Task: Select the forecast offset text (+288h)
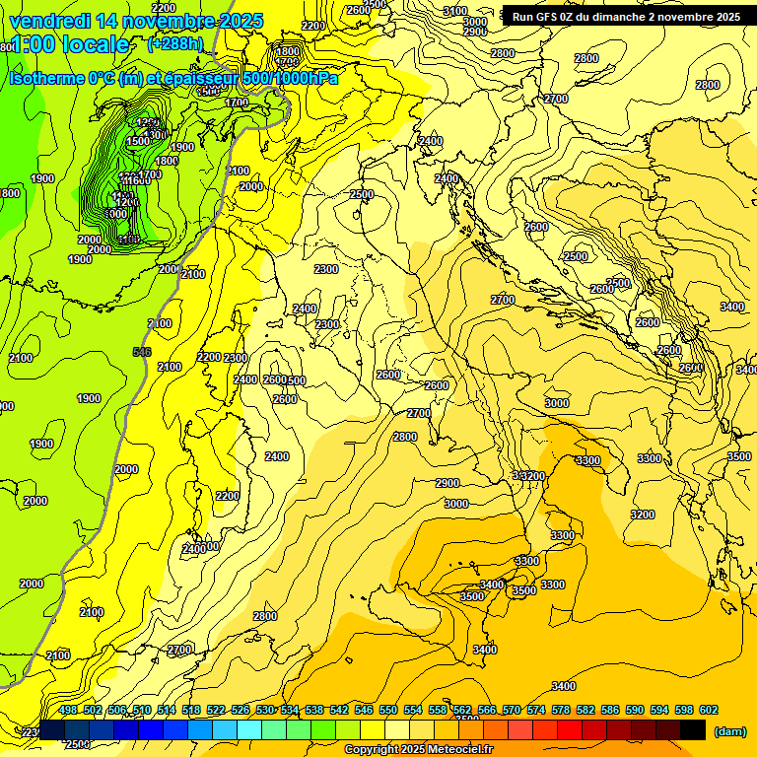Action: pos(175,44)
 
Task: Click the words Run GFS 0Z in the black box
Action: pos(545,17)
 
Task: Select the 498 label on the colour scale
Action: pos(68,710)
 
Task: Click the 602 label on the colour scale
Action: pos(709,710)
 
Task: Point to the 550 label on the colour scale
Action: pos(388,710)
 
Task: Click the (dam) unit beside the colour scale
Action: pos(729,732)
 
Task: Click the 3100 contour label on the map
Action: pos(455,11)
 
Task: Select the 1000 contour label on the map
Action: pos(115,213)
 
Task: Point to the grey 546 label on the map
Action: pos(142,352)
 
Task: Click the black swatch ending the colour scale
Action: pos(693,729)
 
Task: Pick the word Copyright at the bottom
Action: pos(373,750)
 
